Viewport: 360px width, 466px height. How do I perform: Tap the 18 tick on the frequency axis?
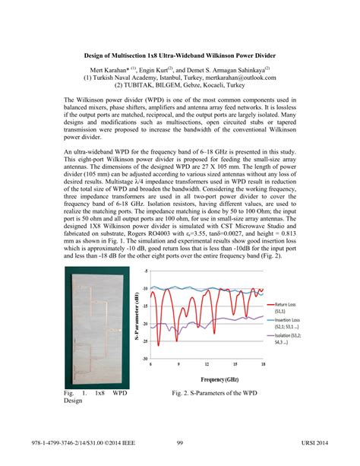(262, 364)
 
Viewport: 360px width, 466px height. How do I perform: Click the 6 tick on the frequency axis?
(151, 364)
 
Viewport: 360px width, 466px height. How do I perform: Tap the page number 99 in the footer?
(180, 443)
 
